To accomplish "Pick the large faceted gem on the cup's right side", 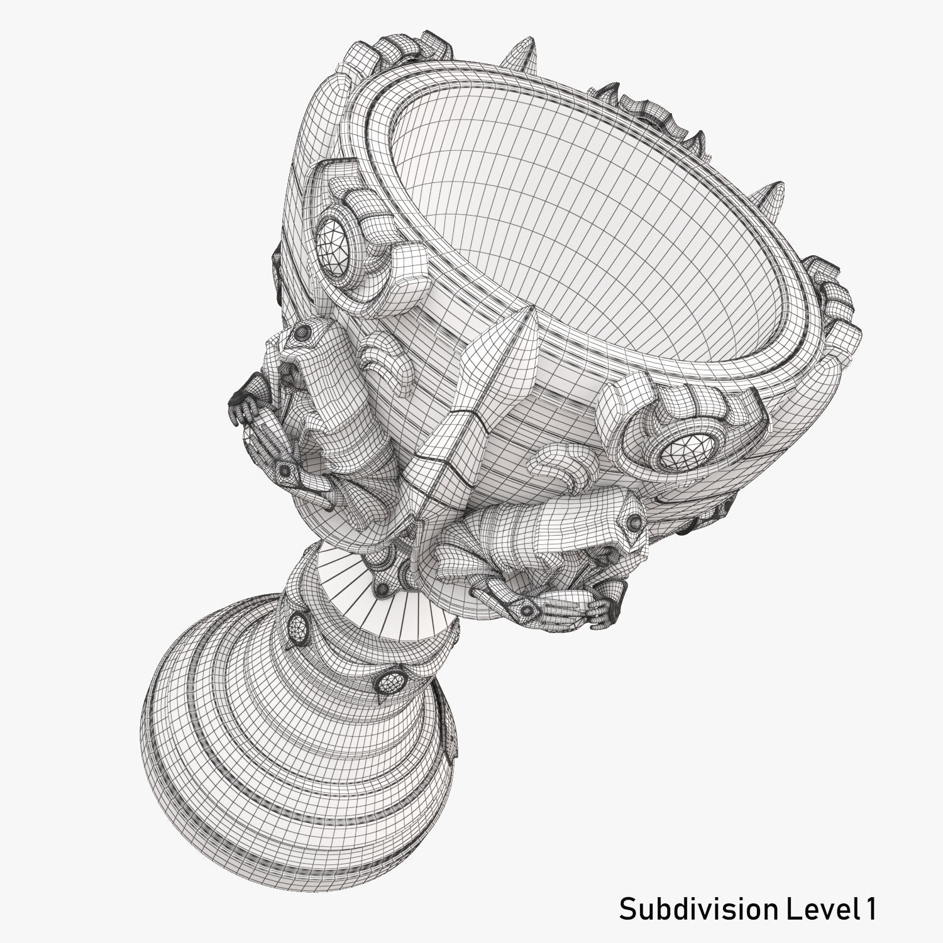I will pos(690,449).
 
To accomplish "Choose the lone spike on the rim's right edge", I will pos(775,192).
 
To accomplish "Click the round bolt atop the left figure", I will pos(304,331).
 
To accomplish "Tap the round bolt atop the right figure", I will pos(635,522).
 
